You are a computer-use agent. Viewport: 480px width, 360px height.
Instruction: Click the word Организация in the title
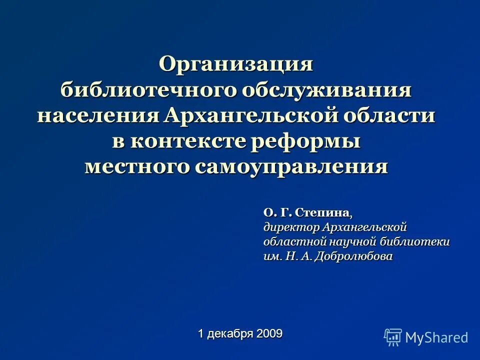(x=236, y=64)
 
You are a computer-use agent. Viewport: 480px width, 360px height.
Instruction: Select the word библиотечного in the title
(x=148, y=90)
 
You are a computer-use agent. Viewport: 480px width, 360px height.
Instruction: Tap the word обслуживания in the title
(x=327, y=90)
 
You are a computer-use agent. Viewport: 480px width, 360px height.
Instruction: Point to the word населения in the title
(x=98, y=116)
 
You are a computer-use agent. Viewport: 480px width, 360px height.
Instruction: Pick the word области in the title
(x=392, y=116)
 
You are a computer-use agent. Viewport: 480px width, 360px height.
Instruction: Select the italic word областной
(x=294, y=242)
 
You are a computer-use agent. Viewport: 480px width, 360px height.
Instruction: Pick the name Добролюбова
(x=355, y=256)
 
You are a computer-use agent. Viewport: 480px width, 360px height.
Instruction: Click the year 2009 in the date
(x=269, y=333)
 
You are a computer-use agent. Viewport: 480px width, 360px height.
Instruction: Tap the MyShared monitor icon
(x=393, y=337)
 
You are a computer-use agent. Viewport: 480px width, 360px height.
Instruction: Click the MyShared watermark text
(x=436, y=337)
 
